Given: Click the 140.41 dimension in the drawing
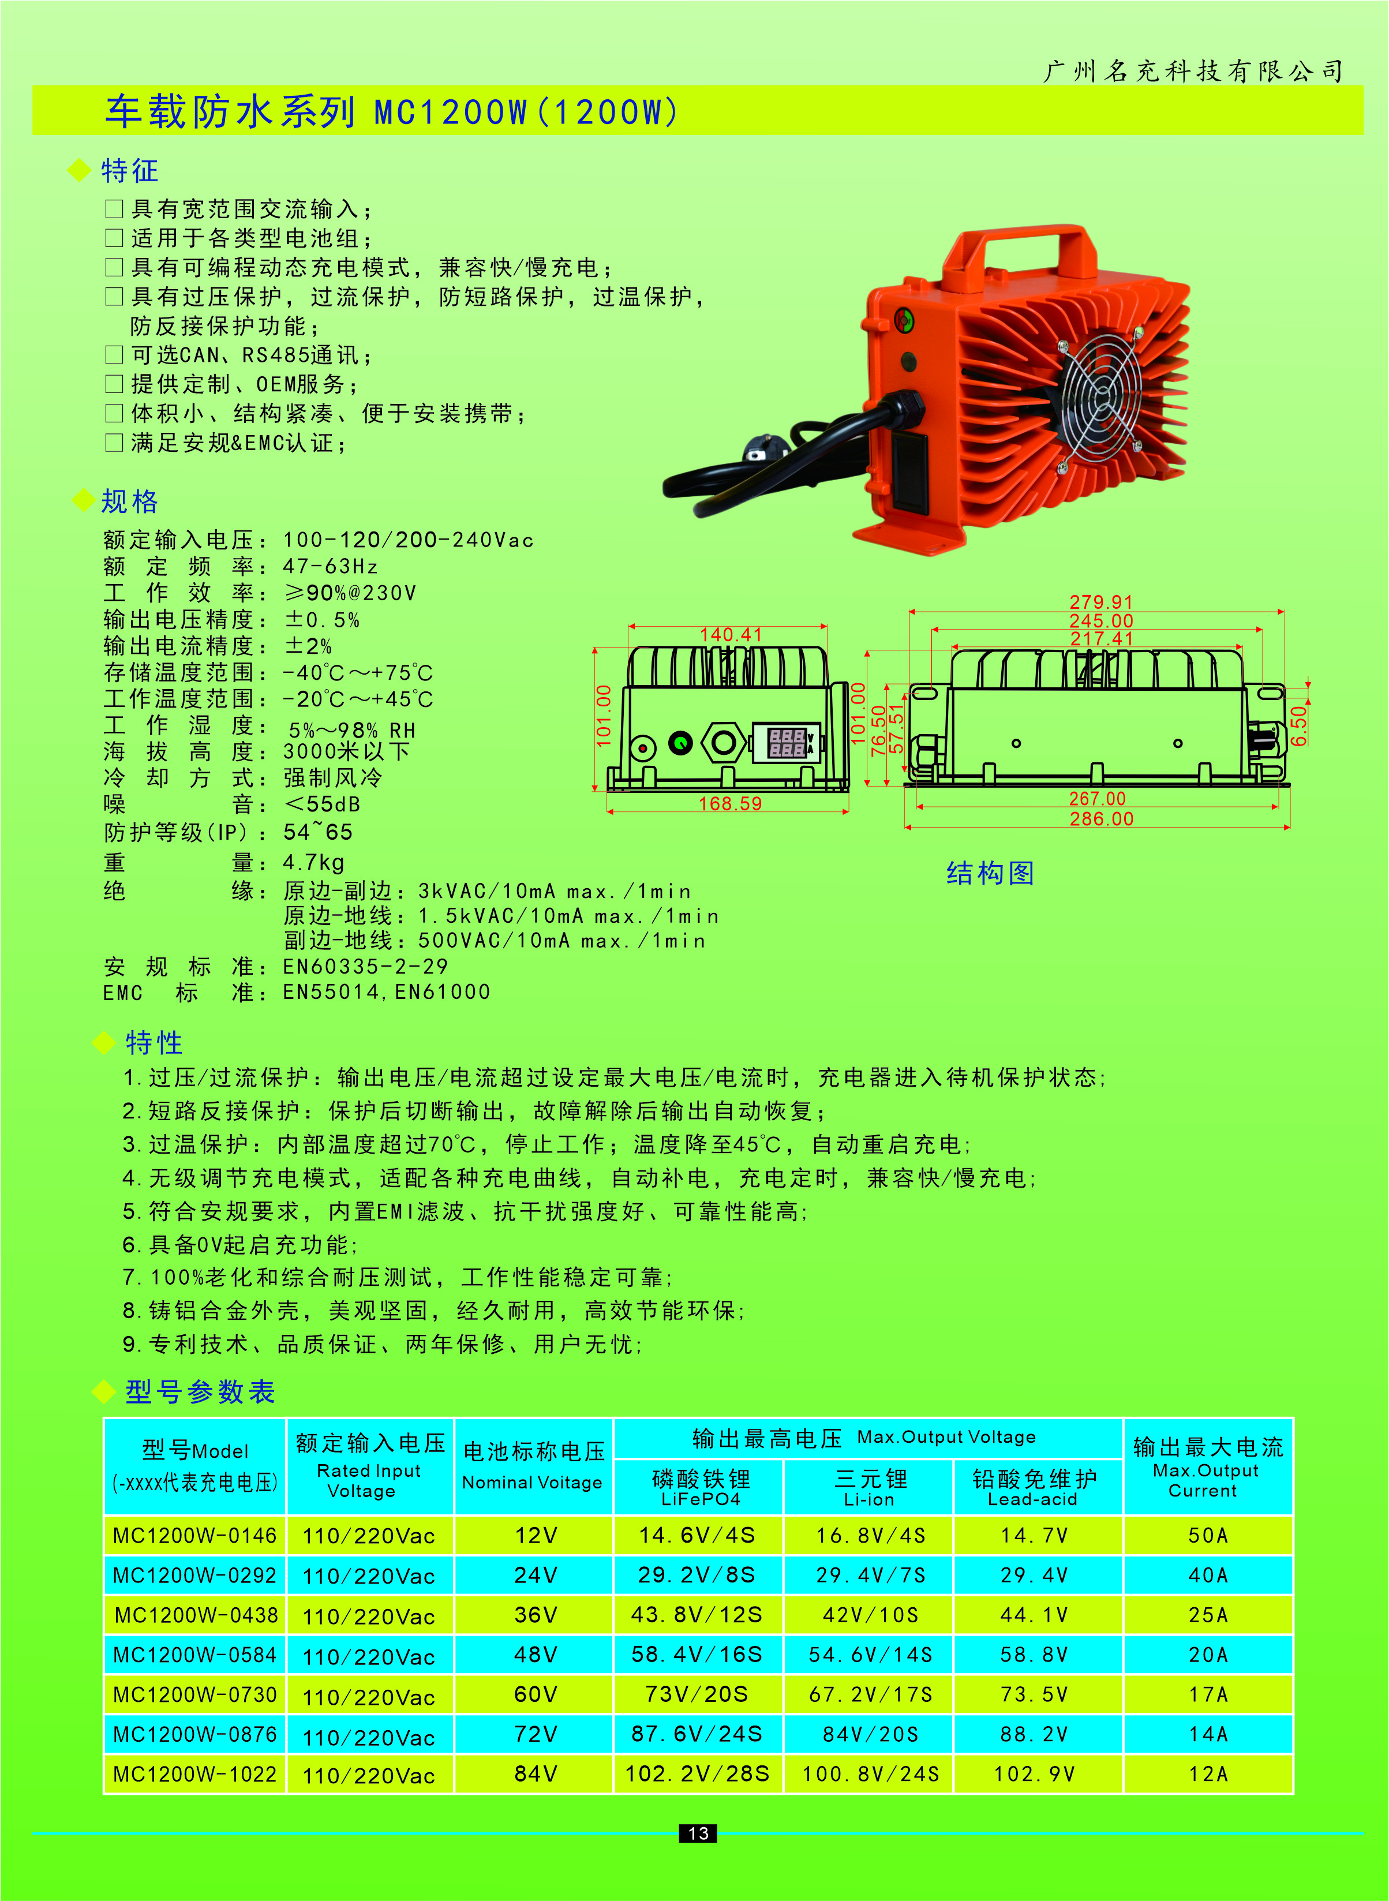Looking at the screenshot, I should click(730, 635).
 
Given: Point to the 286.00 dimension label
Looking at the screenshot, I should click(1100, 819).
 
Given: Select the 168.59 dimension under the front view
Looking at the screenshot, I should click(730, 804).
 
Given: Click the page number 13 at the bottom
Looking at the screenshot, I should click(698, 1833).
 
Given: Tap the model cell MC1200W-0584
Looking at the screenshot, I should click(195, 1655).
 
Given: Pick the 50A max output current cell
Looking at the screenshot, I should click(1207, 1535).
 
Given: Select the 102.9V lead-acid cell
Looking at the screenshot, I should click(1034, 1774).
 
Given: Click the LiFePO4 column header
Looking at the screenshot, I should click(699, 1488).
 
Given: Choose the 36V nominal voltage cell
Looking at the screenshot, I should click(535, 1615).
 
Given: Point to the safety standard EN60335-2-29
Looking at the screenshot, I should click(365, 967).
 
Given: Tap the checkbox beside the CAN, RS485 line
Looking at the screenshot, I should click(114, 355).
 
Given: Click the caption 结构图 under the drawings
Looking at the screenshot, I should click(990, 874).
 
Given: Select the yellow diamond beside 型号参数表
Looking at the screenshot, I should click(103, 1391).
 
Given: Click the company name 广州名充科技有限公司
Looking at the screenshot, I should click(1192, 72).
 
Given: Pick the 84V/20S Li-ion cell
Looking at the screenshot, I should click(870, 1735).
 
